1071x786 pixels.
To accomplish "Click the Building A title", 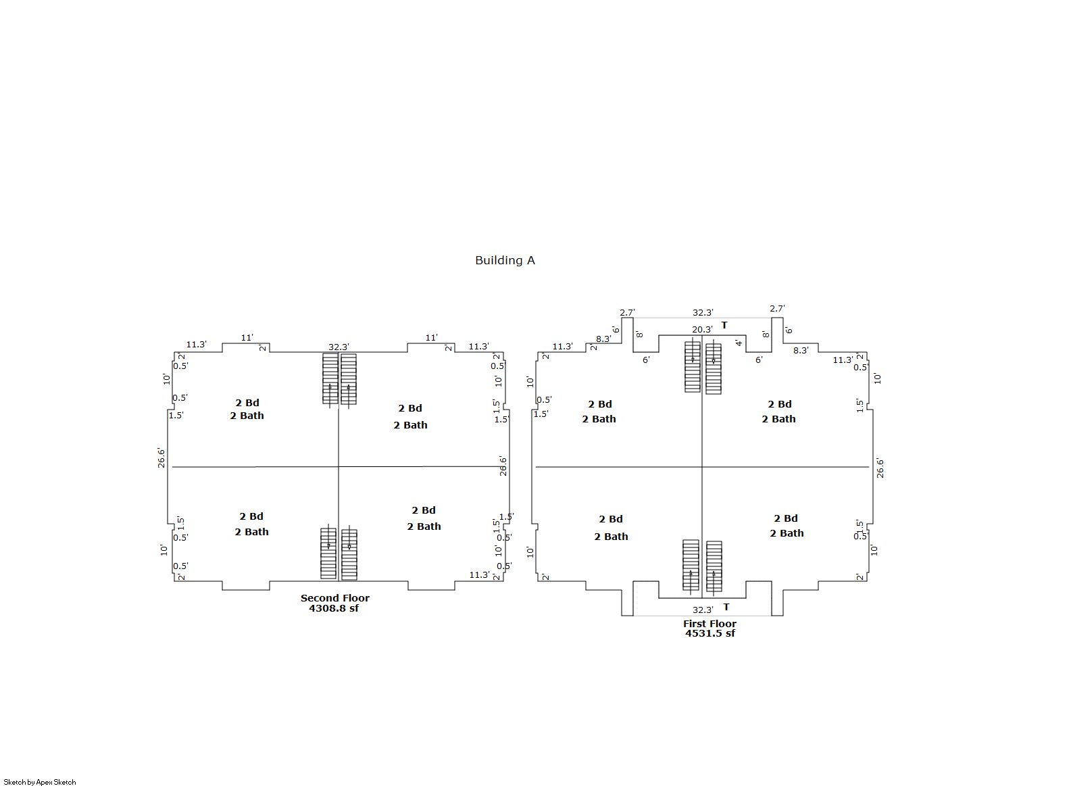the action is (x=505, y=261).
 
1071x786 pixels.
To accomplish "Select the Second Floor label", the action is (x=334, y=597).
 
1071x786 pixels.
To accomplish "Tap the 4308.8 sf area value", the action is (x=334, y=608).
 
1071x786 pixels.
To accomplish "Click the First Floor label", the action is (x=709, y=623).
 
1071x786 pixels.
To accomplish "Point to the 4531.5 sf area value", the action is (x=710, y=633).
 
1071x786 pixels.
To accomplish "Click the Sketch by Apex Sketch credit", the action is (x=40, y=782).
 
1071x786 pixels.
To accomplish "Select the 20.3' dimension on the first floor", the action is (x=702, y=329).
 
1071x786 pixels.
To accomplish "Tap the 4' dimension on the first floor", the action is (x=739, y=343).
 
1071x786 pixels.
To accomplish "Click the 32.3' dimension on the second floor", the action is (x=339, y=347).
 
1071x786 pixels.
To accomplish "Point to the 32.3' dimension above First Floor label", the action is (x=703, y=610).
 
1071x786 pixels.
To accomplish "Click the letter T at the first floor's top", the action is (x=724, y=325).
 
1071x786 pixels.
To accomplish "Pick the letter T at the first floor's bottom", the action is (x=726, y=607).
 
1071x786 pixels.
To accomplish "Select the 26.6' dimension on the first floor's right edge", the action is (x=880, y=468).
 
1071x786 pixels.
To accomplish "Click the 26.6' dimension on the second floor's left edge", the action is (x=161, y=458).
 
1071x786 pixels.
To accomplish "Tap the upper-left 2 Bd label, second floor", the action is (x=247, y=403).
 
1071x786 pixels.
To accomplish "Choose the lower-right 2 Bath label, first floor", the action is (x=787, y=533).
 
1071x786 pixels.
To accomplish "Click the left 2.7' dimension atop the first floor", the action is (x=627, y=313).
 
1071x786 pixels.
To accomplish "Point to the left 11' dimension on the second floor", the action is (x=247, y=337).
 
